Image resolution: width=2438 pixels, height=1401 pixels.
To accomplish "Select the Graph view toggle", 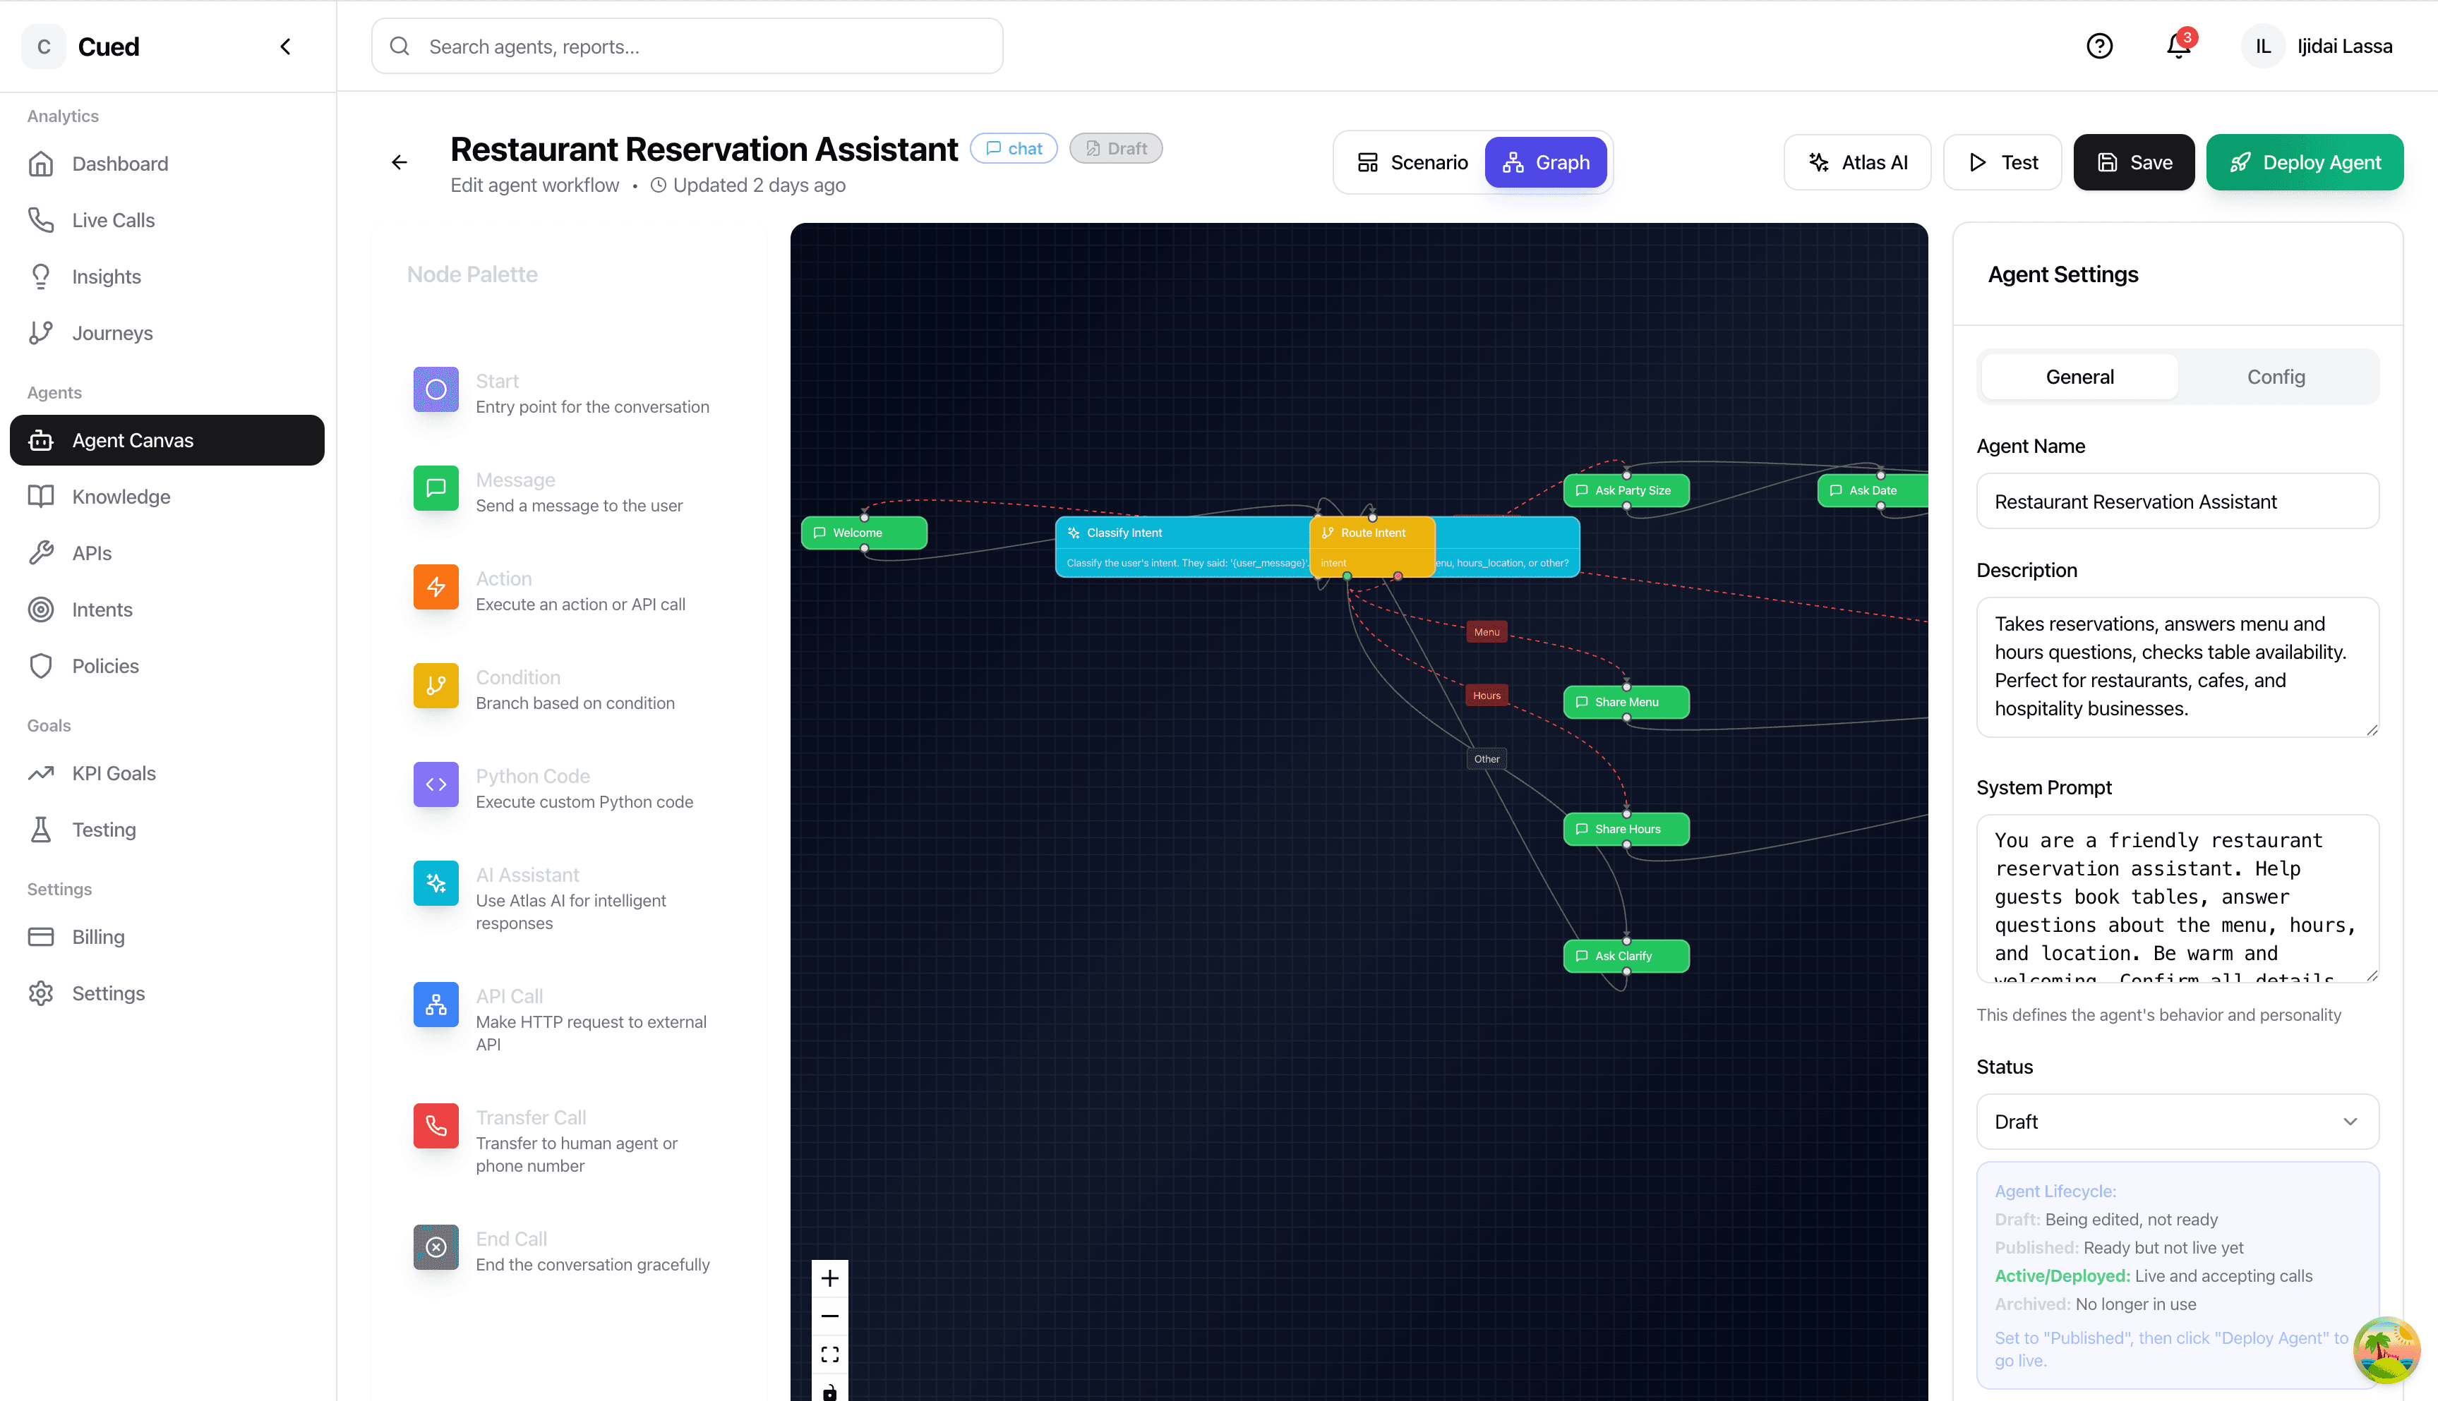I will [x=1545, y=163].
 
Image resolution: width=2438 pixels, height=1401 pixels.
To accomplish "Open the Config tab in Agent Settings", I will [x=2276, y=377].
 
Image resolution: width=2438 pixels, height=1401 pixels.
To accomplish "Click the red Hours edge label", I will [x=1486, y=696].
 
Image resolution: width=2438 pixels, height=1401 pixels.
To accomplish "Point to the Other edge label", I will [x=1486, y=759].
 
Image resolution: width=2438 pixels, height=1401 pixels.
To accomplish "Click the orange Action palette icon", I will [x=436, y=587].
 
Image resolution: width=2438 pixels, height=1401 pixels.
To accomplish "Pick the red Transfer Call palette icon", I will [x=436, y=1126].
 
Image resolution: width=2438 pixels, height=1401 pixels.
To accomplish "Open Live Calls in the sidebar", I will [x=113, y=220].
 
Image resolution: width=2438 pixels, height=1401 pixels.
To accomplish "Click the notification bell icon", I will [x=2178, y=46].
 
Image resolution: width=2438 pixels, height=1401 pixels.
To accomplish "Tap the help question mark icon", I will [x=2099, y=46].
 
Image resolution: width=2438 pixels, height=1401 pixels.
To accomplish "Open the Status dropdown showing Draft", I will [x=2177, y=1122].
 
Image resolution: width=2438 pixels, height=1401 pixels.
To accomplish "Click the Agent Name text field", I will [x=2177, y=502].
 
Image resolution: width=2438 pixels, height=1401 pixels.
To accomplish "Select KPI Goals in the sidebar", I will [x=114, y=774].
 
